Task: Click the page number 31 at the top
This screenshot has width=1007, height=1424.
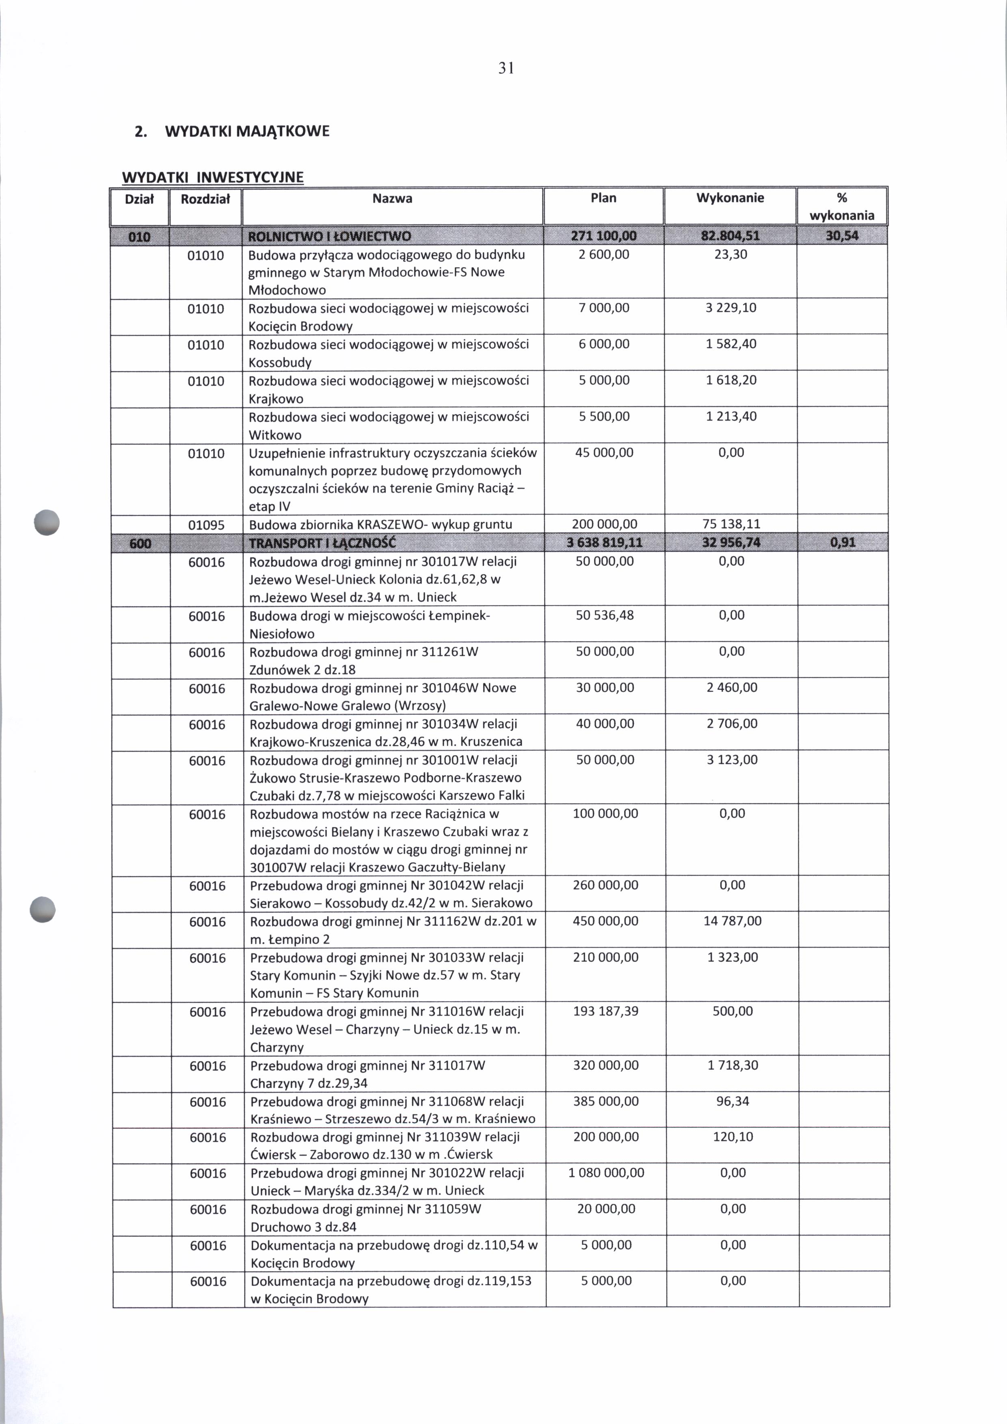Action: pos(506,68)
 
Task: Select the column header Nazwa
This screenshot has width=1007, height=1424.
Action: pos(392,199)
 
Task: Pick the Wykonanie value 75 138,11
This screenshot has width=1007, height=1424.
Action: pos(732,524)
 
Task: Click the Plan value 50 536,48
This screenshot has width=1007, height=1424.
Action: pos(605,615)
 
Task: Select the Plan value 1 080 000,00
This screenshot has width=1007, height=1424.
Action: pos(606,1173)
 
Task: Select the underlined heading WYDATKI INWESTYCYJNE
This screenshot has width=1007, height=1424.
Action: pos(213,177)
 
